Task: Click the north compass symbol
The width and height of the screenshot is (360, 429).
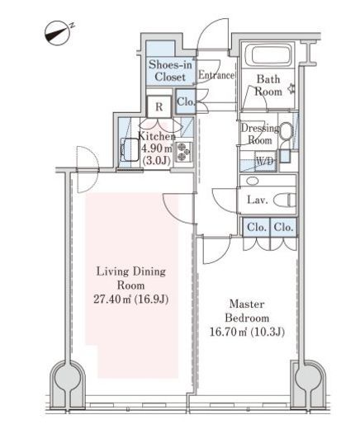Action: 57,33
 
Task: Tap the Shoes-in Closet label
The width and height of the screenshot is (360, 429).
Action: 170,71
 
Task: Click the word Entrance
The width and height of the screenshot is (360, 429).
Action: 216,75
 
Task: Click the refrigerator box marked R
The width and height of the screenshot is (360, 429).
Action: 159,106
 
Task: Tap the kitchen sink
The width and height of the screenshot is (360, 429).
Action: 130,149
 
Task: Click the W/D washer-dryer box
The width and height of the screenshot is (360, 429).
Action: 265,161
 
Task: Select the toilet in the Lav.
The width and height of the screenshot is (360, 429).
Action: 285,200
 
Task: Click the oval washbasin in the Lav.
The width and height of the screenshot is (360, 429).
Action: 253,181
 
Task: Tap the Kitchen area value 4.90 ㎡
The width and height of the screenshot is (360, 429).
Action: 157,148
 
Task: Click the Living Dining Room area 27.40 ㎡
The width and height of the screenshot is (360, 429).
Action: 112,299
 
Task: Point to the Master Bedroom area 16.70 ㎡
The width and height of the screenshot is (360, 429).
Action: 228,332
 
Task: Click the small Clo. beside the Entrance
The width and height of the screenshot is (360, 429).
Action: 186,101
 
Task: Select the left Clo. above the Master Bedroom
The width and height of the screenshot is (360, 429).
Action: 257,227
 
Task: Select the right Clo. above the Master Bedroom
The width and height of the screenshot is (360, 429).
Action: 283,227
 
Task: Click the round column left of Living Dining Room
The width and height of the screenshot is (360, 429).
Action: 68,378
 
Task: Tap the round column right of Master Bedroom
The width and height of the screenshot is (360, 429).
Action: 308,378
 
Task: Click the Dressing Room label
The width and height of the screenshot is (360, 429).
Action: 260,134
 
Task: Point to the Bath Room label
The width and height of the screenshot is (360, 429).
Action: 268,85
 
